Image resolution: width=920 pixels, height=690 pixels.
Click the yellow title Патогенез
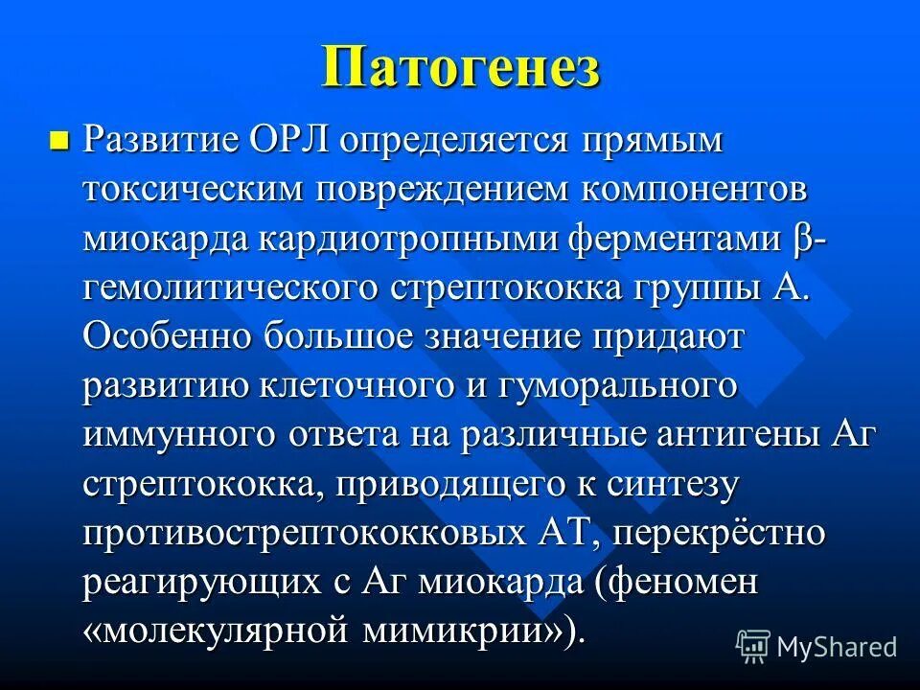(x=460, y=68)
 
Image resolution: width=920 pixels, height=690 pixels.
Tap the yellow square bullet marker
(x=59, y=142)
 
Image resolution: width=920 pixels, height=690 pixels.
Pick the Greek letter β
(x=802, y=239)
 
